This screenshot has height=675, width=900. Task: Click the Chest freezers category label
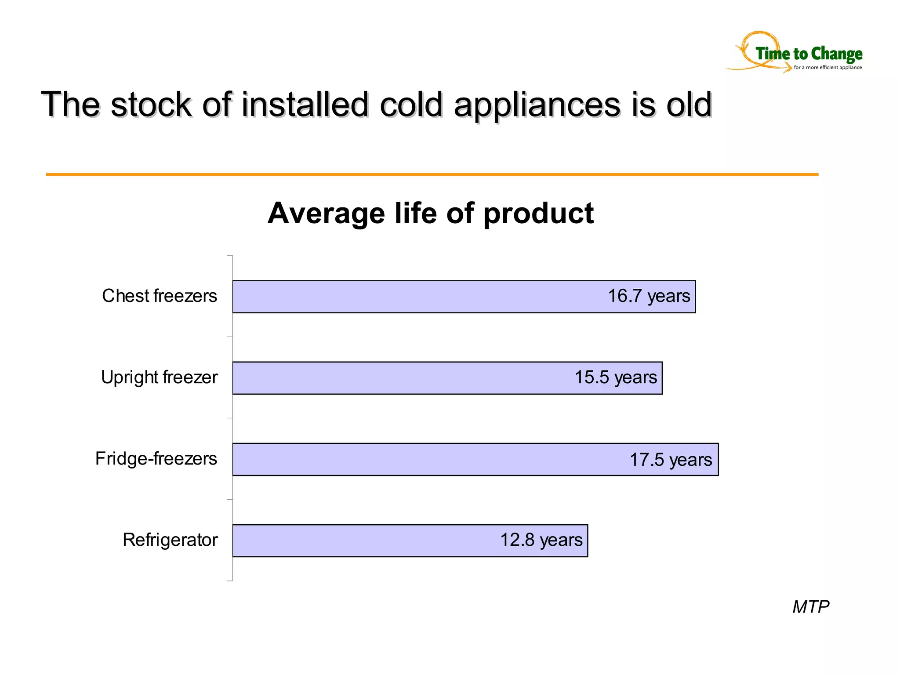click(x=160, y=296)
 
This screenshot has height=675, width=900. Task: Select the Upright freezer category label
click(x=159, y=377)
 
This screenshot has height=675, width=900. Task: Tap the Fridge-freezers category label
click(x=156, y=458)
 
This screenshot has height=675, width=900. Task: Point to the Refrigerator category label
click(x=170, y=540)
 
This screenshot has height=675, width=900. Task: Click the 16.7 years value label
click(x=649, y=296)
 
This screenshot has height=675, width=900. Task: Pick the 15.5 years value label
click(x=616, y=377)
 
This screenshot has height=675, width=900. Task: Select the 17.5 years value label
click(x=671, y=460)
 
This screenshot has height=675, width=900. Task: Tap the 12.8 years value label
click(x=541, y=540)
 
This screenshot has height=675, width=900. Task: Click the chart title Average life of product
click(x=431, y=213)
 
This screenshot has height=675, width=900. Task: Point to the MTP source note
click(x=811, y=606)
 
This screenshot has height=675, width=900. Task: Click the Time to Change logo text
click(x=809, y=54)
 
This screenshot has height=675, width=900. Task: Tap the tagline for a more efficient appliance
click(x=827, y=67)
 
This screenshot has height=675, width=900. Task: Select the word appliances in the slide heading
click(x=537, y=105)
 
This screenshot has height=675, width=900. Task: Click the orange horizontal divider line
click(x=432, y=174)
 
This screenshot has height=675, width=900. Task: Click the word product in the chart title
click(x=539, y=214)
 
